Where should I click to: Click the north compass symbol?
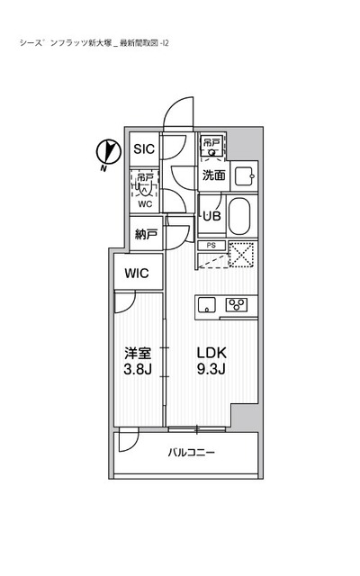(106, 153)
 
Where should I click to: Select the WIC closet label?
(138, 273)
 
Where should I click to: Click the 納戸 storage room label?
(146, 235)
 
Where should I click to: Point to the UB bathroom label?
(211, 216)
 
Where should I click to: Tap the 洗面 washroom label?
(213, 175)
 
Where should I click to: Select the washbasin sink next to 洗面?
(242, 175)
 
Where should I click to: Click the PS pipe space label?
(210, 244)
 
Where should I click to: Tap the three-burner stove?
(238, 303)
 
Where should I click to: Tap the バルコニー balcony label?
(191, 453)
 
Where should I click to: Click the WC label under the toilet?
(144, 204)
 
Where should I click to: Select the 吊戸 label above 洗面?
(211, 143)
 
